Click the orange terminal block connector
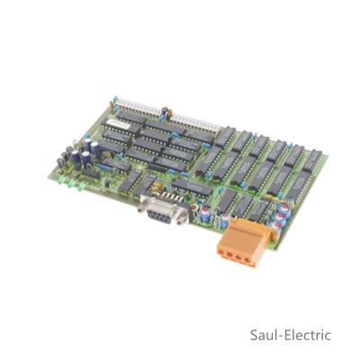point(242,243)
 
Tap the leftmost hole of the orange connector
point(222,253)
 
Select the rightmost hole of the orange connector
point(247,260)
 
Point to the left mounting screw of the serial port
point(140,208)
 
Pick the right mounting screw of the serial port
point(180,220)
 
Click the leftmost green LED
point(61,180)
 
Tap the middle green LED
point(71,184)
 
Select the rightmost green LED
point(80,187)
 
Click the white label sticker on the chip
point(115,122)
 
